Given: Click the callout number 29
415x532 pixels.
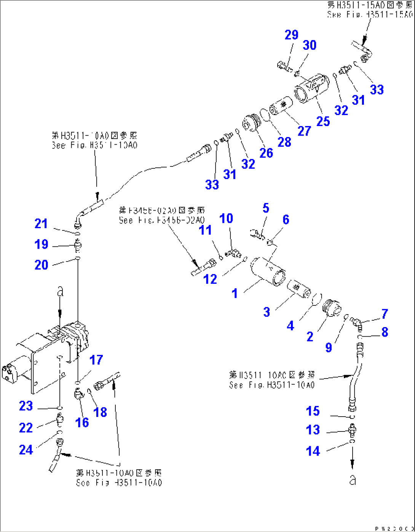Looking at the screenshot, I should coord(291,35).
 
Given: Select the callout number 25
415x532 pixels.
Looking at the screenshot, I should coord(323,121).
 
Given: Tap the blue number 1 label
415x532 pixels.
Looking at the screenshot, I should coord(235,293).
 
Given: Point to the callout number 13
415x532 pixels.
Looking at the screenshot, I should coord(313,430).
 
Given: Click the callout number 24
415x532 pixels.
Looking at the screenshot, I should coord(26,450).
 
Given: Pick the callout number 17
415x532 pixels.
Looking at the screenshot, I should coord(96,360).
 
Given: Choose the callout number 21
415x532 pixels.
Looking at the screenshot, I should coord(41,224).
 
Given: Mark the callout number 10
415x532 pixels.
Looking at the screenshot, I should coord(226,219).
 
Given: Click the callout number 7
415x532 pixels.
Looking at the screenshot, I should coord(385,314).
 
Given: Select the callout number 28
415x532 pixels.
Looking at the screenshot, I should coord(284,142).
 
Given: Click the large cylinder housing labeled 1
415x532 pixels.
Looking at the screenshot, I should coord(268,271).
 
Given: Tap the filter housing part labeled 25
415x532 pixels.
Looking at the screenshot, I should coord(310,88).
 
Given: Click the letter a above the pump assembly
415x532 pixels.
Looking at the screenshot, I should coord(60,292).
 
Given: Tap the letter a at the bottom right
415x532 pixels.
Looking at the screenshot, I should coord(353,479).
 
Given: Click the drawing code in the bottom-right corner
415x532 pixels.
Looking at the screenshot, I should coord(394,529).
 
